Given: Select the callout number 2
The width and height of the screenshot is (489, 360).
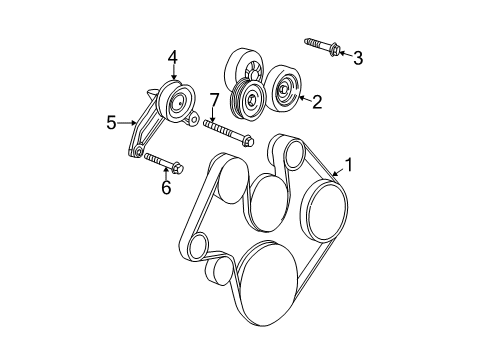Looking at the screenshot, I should click(x=317, y=100).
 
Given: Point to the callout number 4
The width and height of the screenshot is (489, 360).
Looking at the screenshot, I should click(x=172, y=58).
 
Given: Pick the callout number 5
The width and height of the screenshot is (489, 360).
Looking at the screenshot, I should click(x=111, y=123).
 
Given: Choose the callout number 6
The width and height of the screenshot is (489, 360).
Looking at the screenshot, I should click(x=166, y=187).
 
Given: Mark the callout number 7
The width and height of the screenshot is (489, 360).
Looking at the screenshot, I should click(x=213, y=99).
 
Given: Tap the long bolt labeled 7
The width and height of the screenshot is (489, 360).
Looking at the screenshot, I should click(x=228, y=132).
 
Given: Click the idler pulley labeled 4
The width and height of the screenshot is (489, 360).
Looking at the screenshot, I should click(x=177, y=100).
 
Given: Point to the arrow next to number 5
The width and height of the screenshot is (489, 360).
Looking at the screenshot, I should click(x=128, y=123).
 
